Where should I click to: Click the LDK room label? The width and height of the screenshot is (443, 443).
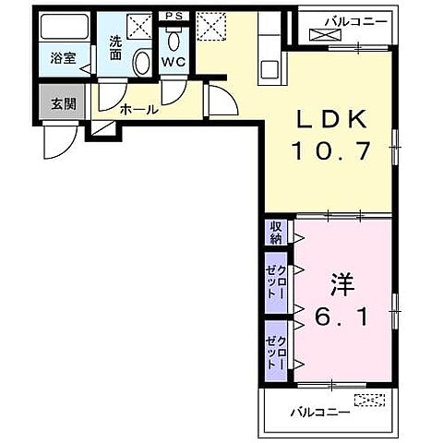pos(331,120)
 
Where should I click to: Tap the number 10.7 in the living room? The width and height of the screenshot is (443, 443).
pos(331,150)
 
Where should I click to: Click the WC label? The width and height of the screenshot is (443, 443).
pos(174,62)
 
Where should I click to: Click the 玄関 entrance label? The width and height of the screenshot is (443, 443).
pos(62,102)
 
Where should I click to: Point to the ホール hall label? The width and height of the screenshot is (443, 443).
pos(139,110)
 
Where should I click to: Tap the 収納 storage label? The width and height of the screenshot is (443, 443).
pos(276,233)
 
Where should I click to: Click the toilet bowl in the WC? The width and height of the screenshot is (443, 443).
pos(174,38)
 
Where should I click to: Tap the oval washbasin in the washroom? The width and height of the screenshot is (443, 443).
pos(141,63)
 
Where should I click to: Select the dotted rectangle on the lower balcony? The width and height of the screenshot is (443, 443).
pos(367,400)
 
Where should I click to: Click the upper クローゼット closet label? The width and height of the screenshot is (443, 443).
pos(276,278)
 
